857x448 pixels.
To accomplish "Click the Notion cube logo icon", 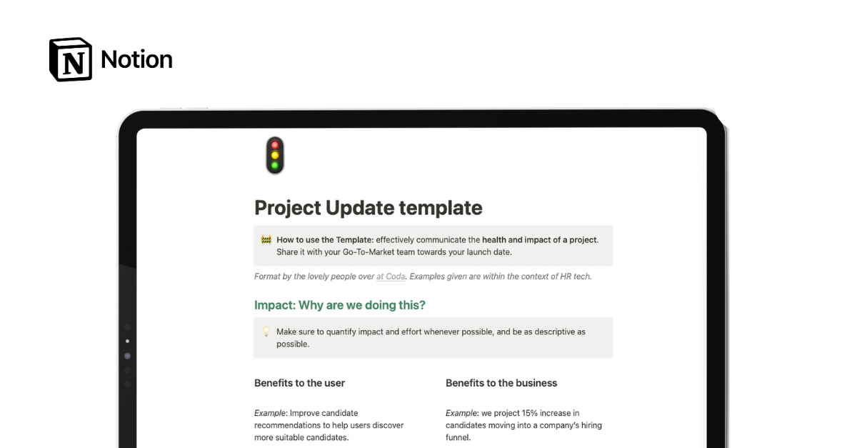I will (x=70, y=59).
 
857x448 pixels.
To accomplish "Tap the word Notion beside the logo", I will (x=136, y=59).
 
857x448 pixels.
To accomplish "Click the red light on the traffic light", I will (x=274, y=145).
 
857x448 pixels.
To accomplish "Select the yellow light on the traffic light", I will (x=274, y=155).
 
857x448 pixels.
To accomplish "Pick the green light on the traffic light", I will (x=274, y=165).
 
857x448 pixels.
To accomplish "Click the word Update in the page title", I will (x=359, y=208).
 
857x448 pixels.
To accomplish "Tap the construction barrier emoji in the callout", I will (x=266, y=240).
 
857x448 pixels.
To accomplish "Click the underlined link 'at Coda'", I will (x=390, y=277).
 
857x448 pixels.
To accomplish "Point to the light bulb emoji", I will (x=266, y=332).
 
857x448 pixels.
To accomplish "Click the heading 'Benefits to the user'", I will (x=299, y=383).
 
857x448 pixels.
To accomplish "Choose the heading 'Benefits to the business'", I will (x=501, y=383).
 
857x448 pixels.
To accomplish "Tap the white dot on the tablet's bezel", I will (x=127, y=342).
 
